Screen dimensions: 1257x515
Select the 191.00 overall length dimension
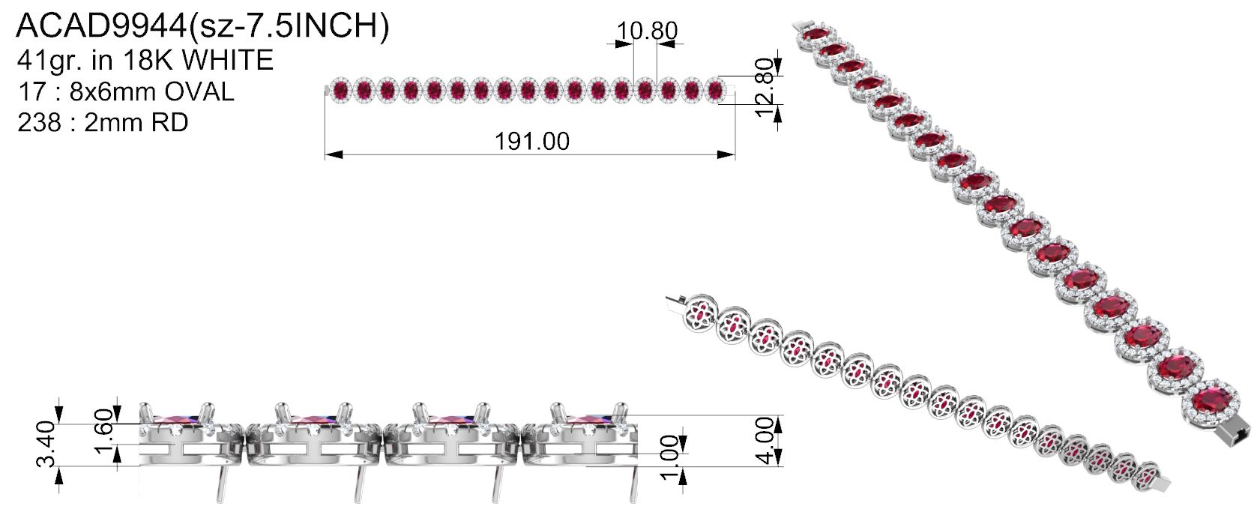(x=531, y=142)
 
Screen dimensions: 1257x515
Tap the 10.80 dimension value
(x=647, y=31)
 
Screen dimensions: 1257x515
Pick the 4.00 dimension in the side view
(x=767, y=440)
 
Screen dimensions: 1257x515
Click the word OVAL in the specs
(x=199, y=91)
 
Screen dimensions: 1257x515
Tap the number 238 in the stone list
(x=39, y=122)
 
